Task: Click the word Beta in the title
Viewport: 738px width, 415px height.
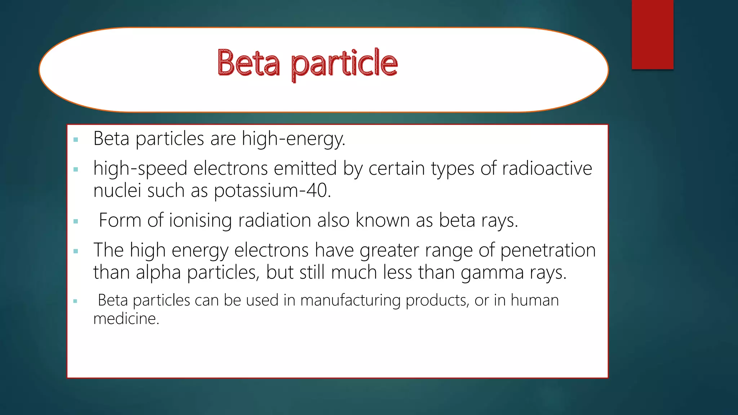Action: [x=248, y=63]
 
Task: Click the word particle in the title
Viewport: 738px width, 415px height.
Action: [x=344, y=64]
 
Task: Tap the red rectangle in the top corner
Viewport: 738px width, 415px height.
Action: [x=652, y=34]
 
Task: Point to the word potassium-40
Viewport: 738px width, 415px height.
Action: [x=272, y=191]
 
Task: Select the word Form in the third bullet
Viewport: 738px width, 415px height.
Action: [x=120, y=220]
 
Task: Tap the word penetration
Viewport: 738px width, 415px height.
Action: [x=548, y=250]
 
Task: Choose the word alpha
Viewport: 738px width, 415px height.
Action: [x=158, y=273]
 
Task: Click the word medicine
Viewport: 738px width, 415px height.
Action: [x=126, y=319]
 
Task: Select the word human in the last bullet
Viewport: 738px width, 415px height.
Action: [x=535, y=300]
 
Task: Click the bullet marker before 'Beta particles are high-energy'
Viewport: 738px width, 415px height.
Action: [x=76, y=139]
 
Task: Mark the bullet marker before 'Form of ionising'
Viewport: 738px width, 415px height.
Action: [x=76, y=221]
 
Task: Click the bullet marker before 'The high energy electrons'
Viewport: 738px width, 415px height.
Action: [x=76, y=251]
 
